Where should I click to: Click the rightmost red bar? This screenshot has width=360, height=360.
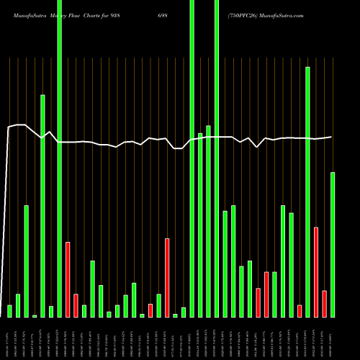click(x=325, y=304)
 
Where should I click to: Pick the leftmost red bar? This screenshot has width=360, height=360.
click(x=68, y=279)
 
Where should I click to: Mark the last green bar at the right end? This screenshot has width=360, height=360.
click(x=333, y=245)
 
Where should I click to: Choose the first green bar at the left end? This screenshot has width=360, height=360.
click(x=9, y=311)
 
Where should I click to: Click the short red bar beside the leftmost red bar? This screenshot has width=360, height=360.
click(x=76, y=305)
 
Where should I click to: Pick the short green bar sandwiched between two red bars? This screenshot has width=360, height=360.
click(x=274, y=294)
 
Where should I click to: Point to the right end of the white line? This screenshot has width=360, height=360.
click(x=331, y=137)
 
